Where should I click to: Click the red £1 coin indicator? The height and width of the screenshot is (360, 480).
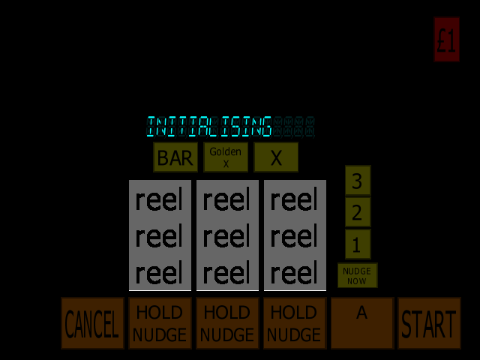[446, 40]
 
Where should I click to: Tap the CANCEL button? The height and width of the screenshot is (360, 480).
[93, 323]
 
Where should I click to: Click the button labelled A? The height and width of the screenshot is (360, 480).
[362, 323]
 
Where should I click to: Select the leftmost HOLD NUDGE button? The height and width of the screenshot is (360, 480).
[160, 323]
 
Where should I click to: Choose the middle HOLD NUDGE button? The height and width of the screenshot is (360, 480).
[227, 323]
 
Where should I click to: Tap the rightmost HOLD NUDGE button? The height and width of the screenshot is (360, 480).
[295, 323]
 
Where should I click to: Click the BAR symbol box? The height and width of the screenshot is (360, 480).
[175, 157]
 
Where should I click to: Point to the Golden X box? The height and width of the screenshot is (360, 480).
[226, 157]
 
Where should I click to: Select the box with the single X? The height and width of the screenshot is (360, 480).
[276, 157]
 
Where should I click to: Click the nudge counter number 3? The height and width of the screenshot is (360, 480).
[358, 181]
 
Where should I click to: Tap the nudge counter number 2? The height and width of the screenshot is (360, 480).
[358, 212]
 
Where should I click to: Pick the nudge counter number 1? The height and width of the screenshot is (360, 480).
[358, 244]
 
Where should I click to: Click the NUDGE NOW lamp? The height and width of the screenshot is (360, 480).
[357, 275]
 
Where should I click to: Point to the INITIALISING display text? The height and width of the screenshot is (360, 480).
[209, 127]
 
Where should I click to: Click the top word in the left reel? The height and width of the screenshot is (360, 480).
[159, 200]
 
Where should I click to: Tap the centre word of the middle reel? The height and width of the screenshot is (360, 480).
[226, 237]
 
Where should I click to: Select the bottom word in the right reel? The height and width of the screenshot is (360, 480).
[294, 273]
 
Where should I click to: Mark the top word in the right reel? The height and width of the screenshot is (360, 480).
[294, 200]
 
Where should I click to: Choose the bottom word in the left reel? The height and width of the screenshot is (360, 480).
[159, 273]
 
